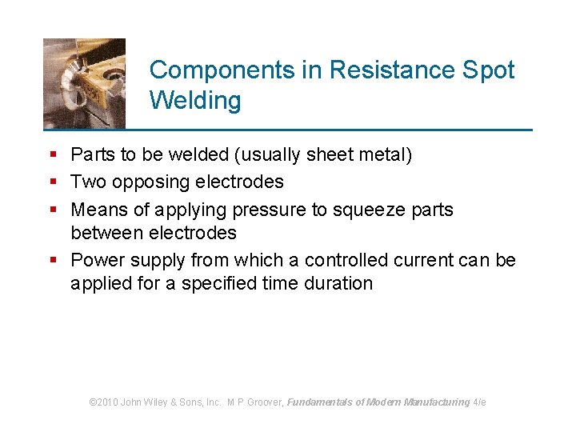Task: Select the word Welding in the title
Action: click(x=195, y=102)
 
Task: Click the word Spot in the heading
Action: click(x=490, y=70)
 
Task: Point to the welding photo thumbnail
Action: click(x=84, y=82)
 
